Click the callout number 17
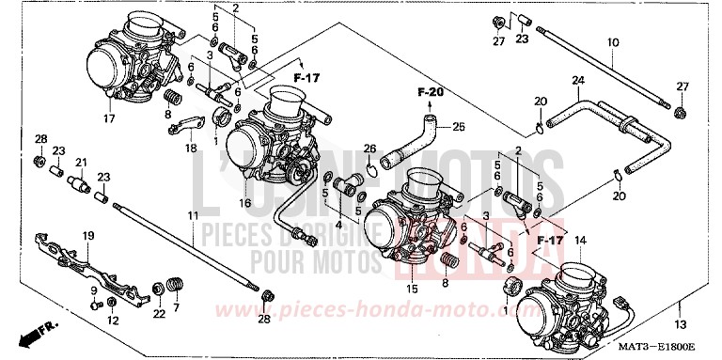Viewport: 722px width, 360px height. point(109,119)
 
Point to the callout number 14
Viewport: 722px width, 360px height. point(579,242)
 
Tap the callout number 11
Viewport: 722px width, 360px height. point(192,217)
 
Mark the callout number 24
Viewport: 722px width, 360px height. point(576,81)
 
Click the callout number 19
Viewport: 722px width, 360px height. point(88,236)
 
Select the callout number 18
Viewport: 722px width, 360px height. point(191,148)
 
